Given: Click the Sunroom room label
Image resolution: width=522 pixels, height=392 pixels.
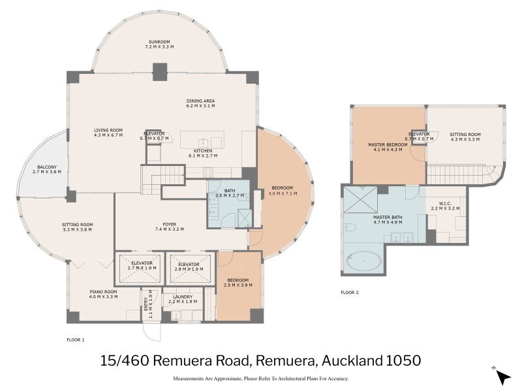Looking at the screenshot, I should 159,44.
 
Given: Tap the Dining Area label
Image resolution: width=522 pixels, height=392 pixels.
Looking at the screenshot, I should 200,103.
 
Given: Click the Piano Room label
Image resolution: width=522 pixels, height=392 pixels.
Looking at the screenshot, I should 102,293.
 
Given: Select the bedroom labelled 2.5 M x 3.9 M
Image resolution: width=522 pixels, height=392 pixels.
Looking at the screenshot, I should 236,282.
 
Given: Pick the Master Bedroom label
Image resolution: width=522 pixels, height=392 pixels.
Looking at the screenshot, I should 388,146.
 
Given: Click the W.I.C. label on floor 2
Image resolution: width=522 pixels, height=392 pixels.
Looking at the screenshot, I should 446,205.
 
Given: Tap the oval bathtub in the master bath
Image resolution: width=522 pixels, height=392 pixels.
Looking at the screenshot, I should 365,262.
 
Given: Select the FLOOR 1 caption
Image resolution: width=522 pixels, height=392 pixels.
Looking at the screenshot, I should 76,340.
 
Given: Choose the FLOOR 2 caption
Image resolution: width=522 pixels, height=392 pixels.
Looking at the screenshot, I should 350,292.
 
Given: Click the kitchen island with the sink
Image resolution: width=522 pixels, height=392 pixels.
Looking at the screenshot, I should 202,140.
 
